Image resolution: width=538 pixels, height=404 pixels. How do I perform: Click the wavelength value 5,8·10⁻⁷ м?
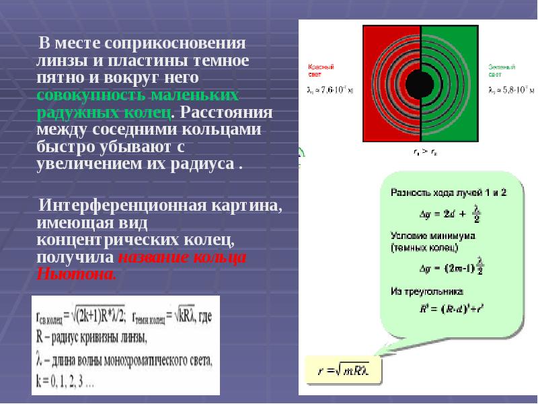512,88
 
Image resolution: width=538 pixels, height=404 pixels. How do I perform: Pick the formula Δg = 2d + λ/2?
445,213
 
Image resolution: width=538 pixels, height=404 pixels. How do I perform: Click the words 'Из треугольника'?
426,292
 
